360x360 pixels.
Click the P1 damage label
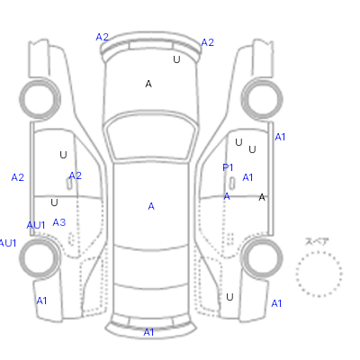tap(228, 167)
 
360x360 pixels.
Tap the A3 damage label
tap(59, 222)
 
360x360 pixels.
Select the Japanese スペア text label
tap(317, 241)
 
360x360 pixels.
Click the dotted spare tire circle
tap(319, 252)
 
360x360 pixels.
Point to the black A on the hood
tap(148, 84)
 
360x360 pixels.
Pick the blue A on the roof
tap(151, 206)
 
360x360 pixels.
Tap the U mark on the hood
tap(176, 59)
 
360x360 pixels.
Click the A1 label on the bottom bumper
tap(148, 332)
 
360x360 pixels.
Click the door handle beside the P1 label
tap(232, 183)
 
